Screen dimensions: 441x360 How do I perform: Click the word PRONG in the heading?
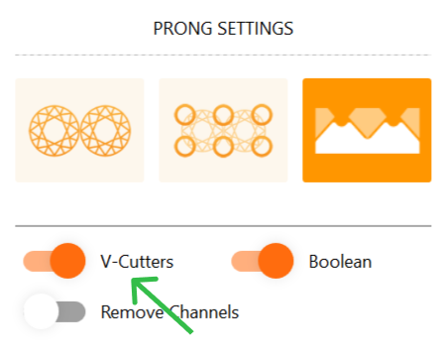point(182,29)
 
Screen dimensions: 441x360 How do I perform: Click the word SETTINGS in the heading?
point(256,29)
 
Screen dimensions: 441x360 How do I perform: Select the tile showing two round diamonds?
point(79,130)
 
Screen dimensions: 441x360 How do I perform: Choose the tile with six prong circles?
point(223,130)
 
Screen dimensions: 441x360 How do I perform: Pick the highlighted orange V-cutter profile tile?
point(367,130)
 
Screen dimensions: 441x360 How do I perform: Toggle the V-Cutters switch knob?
point(67,261)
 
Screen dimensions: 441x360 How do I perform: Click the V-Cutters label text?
point(137,262)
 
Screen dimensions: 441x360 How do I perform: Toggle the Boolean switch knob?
point(276,261)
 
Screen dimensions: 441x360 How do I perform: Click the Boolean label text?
point(340,262)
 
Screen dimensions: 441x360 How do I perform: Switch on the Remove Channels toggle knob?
point(41,311)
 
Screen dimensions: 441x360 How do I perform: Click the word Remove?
point(132,312)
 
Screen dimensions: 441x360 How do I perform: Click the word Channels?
point(204,312)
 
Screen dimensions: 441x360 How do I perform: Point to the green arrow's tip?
point(132,280)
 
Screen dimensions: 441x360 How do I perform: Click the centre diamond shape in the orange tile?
point(368,122)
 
